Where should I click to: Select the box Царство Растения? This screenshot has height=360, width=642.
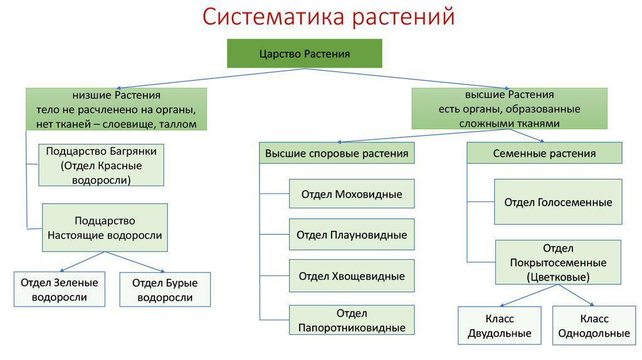[305, 54]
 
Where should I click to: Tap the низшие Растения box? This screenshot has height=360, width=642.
[116, 109]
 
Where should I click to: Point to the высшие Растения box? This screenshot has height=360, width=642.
[509, 109]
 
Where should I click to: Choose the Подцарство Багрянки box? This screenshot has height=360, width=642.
[101, 165]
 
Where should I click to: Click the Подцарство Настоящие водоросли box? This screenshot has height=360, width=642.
[105, 228]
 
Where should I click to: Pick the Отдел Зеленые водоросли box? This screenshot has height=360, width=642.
[60, 289]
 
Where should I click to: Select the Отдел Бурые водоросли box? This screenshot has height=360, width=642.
[165, 290]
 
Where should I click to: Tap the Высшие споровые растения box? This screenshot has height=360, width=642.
[337, 153]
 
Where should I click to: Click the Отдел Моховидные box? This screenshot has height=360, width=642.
[352, 194]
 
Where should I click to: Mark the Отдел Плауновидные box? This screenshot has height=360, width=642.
[352, 235]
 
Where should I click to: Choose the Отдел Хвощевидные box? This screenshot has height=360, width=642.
[352, 275]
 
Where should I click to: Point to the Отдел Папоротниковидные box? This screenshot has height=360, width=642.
[352, 320]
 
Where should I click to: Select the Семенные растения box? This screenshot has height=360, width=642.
[544, 153]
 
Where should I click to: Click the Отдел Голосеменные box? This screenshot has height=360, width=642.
[558, 202]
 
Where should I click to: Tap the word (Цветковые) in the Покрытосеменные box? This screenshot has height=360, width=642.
[558, 277]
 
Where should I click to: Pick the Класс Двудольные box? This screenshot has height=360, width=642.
[500, 326]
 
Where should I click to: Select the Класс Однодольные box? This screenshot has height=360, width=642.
[594, 326]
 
